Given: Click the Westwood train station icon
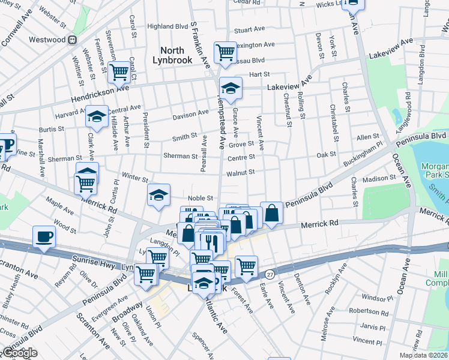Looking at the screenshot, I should [72, 40].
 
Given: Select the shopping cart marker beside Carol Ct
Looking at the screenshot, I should [120, 71].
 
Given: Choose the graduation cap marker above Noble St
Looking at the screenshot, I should [158, 194].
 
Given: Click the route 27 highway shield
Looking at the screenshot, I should [270, 273].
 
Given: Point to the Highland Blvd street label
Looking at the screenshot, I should [167, 26].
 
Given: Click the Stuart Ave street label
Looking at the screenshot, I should [250, 29].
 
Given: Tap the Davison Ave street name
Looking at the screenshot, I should [191, 115].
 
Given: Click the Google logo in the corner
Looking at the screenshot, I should [20, 353].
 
